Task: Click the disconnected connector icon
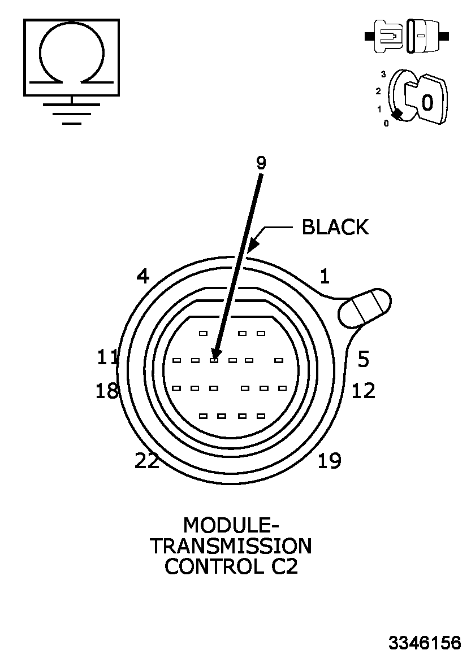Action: (407, 37)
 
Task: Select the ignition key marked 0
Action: (427, 101)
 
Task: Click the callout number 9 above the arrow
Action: (261, 163)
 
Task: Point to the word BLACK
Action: (335, 227)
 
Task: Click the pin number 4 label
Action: (142, 277)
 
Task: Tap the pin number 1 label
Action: (324, 276)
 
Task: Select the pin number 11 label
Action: (107, 357)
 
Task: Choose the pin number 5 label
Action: (364, 359)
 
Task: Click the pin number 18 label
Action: (107, 391)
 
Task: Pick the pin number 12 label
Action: (363, 391)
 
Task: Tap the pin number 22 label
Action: (147, 461)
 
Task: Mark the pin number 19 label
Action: (329, 461)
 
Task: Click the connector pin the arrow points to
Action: (214, 360)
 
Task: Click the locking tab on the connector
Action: (365, 308)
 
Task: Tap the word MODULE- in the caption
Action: (231, 525)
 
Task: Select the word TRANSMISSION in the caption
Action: (231, 546)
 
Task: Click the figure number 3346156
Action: (424, 643)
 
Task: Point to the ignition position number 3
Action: (383, 74)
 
